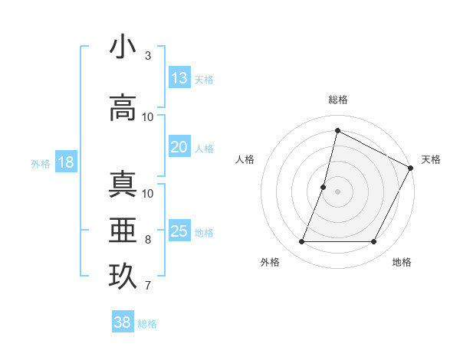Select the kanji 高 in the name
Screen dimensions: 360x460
pos(123,106)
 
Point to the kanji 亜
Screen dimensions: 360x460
pos(123,229)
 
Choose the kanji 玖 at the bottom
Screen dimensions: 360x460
pos(123,276)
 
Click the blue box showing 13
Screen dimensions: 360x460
pos(179,78)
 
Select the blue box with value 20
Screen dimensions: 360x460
pos(179,147)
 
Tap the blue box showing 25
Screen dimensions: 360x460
pos(179,231)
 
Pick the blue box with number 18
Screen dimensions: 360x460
pos(65,162)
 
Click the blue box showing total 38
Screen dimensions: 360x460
pos(123,323)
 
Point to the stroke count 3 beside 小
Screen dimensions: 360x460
pos(147,56)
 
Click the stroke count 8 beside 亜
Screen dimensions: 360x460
pos(147,240)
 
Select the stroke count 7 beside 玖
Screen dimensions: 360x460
pos(147,286)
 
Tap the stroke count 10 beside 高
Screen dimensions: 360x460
pos(148,117)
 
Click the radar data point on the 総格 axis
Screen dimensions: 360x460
pos(337,130)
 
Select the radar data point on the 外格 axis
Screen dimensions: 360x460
pos(301,242)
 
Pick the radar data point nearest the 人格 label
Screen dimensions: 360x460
pos(324,187)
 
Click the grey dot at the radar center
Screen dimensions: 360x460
pos(337,191)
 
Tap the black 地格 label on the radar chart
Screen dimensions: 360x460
pos(402,262)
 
